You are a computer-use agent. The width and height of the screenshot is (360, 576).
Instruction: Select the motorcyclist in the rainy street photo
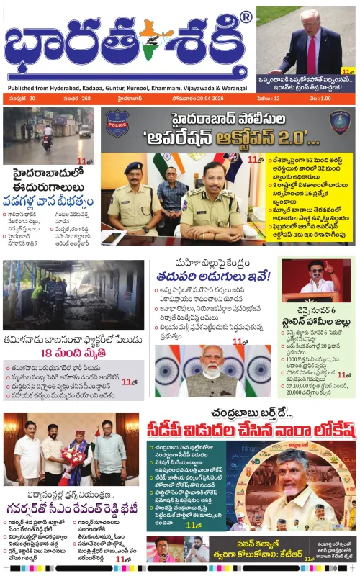click(47, 138)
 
